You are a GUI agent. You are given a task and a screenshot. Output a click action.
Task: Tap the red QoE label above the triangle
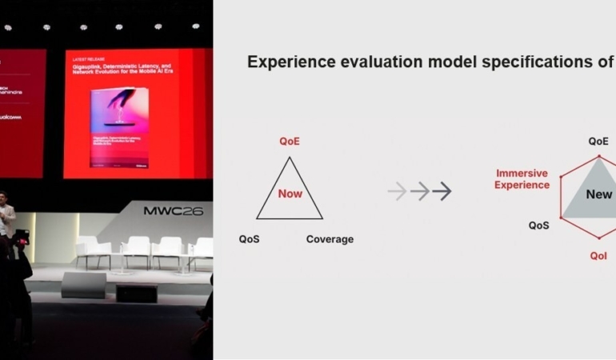(x=290, y=142)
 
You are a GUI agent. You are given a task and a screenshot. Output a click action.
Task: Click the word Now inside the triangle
(x=290, y=194)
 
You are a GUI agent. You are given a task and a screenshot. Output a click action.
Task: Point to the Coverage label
(x=330, y=239)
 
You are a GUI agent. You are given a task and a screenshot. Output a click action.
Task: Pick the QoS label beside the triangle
(x=249, y=239)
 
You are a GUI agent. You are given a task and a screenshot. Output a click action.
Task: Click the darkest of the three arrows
(x=442, y=191)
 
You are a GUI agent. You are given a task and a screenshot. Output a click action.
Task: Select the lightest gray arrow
(x=397, y=191)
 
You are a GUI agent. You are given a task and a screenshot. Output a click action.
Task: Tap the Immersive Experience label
(x=522, y=179)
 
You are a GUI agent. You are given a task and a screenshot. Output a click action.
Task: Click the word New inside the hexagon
(x=598, y=194)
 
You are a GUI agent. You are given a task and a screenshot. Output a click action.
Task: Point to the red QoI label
(x=598, y=256)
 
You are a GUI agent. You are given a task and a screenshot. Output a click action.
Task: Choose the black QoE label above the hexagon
(x=598, y=141)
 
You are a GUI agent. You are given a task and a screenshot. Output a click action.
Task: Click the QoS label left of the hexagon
(x=539, y=226)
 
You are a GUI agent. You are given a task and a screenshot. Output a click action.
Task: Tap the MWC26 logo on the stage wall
(x=173, y=212)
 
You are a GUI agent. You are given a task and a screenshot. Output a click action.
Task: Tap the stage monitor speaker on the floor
(x=83, y=285)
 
